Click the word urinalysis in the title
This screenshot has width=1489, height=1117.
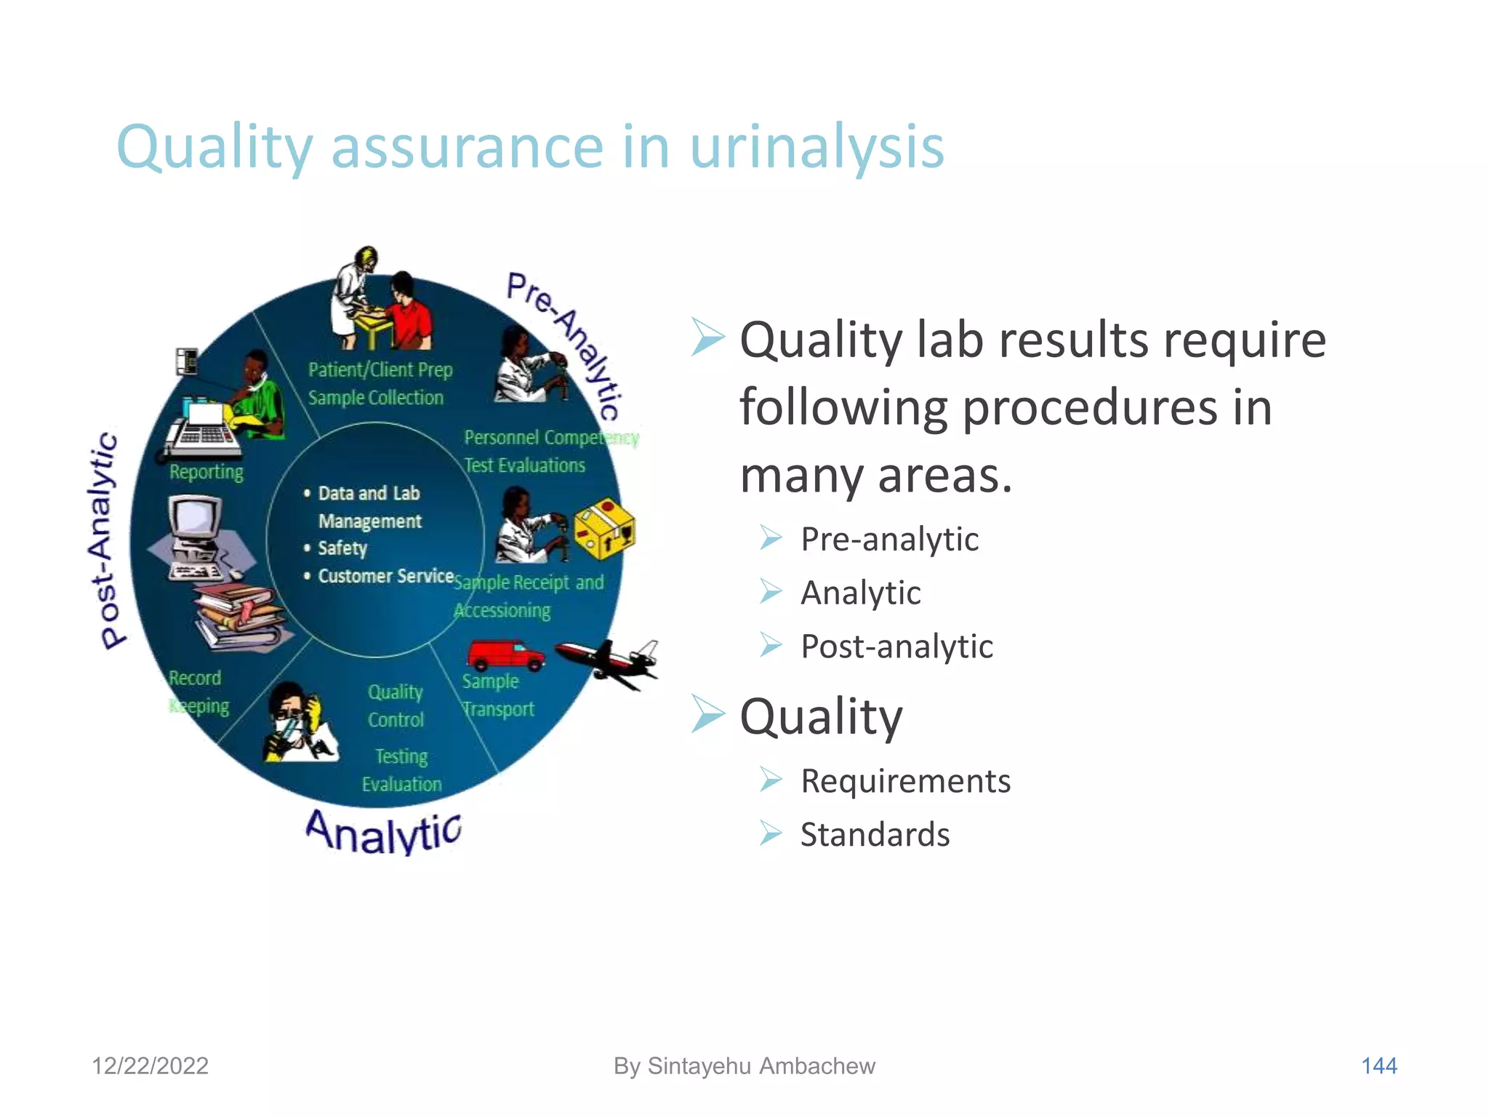coord(816,148)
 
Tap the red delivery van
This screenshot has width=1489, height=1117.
coord(505,654)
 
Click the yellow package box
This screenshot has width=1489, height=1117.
coord(604,529)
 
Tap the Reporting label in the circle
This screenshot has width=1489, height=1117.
coord(206,472)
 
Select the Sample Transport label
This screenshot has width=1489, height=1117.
coord(498,695)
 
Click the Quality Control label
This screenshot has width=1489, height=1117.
coord(396,705)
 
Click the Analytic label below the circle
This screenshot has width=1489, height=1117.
coord(383,832)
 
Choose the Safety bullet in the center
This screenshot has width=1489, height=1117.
coord(342,548)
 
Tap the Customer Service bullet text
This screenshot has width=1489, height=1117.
coord(385,576)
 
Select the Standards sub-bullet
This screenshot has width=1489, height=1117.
coord(875,835)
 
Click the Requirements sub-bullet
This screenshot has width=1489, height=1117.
coord(905,781)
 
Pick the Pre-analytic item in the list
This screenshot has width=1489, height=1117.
coord(889,540)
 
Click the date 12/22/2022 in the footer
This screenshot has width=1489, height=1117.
coord(150,1066)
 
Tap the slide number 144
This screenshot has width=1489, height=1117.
coord(1378,1066)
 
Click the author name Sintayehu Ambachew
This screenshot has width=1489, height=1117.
coord(761,1066)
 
